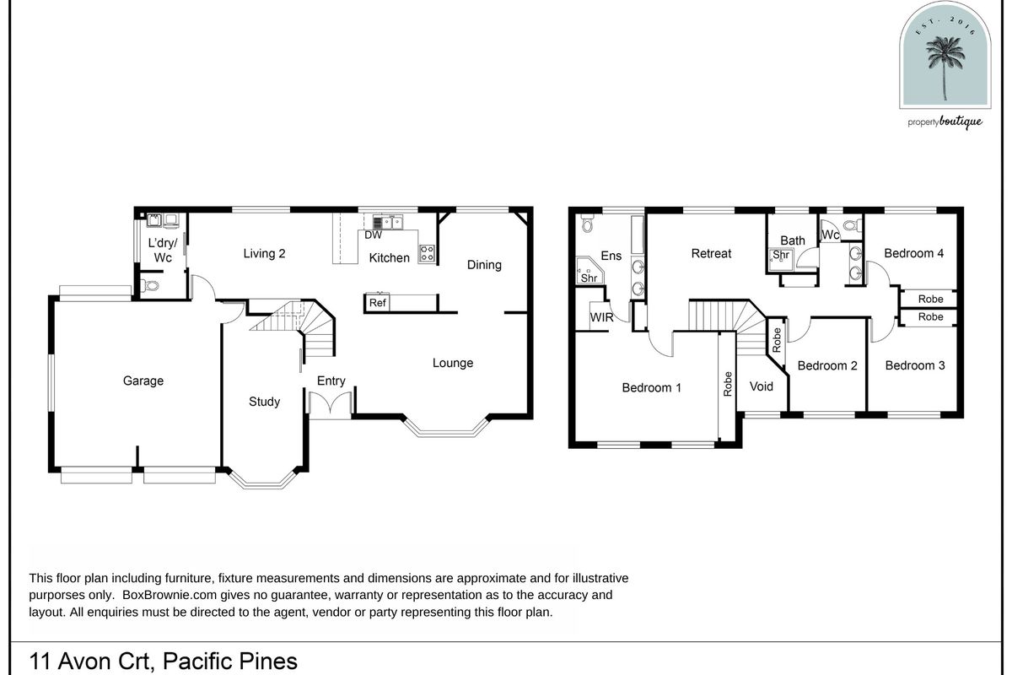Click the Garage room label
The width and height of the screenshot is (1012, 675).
pos(143,381)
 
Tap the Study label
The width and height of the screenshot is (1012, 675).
pos(264,402)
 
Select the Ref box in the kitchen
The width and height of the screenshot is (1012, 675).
pos(378,303)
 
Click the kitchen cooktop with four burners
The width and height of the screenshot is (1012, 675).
pos(427,254)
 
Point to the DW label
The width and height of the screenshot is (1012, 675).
pos(373,235)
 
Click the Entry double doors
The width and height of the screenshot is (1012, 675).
pos(331,402)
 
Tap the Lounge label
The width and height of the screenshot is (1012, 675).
pos(453,363)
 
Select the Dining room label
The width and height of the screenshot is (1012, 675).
pos(484,265)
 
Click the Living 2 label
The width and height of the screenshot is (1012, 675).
pos(264,254)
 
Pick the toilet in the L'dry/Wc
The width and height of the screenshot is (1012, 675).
pos(150,286)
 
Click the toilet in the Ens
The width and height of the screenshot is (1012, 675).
pos(587,223)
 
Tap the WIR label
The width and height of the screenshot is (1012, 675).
pos(602,317)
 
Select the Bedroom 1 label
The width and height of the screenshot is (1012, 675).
pos(651,387)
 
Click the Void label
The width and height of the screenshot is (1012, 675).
pos(762,386)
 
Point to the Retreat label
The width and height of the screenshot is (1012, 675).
pos(711,254)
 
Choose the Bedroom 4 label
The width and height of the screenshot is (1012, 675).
pos(914,253)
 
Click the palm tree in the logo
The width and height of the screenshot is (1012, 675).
pos(945,67)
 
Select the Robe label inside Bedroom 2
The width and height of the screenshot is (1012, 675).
pos(777,340)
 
